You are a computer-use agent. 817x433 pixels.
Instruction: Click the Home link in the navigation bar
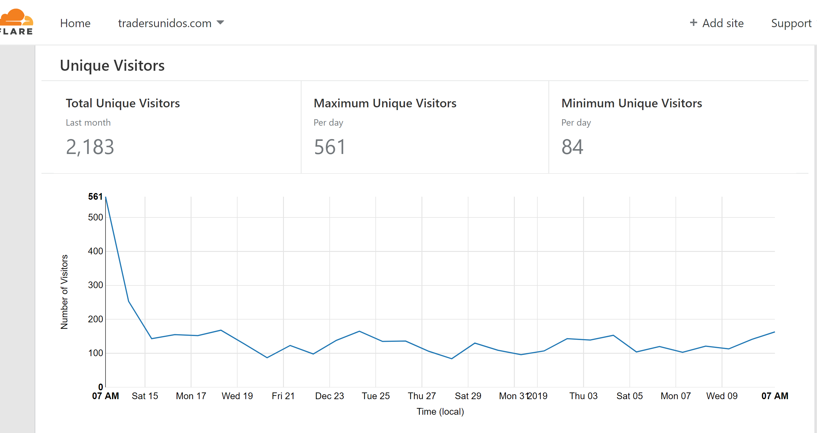75,23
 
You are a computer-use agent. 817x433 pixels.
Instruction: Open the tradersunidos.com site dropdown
171,23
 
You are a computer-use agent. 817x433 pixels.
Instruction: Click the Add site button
716,23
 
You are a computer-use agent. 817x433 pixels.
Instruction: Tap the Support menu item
791,23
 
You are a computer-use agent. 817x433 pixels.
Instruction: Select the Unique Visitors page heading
112,65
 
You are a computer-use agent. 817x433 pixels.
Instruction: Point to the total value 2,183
90,147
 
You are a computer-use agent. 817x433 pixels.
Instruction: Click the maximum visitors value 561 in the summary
330,147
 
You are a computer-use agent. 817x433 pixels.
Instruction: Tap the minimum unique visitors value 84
572,147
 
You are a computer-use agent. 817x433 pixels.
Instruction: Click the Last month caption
88,123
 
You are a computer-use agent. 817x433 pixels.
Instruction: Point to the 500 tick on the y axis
95,217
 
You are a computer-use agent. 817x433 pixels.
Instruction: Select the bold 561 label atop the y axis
95,197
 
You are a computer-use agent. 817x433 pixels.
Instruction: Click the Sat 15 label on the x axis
145,396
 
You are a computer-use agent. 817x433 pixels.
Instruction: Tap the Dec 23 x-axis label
330,396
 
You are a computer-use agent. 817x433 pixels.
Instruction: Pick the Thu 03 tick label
583,396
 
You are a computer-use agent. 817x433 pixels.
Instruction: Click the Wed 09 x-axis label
722,396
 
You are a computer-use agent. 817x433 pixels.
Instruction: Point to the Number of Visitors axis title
64,292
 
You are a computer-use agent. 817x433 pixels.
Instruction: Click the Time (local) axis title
440,412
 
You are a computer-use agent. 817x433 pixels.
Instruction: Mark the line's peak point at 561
106,197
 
